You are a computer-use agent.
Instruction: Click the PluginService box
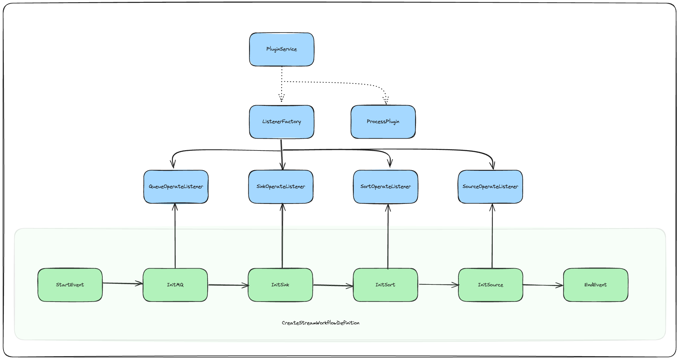(281, 49)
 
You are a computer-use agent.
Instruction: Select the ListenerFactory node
(281, 122)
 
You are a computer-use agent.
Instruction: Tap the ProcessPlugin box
(383, 122)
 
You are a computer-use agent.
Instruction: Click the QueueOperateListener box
(176, 187)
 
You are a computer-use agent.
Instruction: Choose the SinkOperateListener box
(281, 187)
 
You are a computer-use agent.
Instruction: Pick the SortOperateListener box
(385, 187)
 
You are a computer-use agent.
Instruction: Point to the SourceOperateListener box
(490, 187)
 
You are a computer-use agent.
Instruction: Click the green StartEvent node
(70, 285)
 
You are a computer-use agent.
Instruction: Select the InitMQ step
(175, 285)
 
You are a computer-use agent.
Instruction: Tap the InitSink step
(280, 285)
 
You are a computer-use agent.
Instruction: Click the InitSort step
(385, 285)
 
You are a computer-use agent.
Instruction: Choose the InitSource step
(490, 285)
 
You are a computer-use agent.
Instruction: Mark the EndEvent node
(595, 285)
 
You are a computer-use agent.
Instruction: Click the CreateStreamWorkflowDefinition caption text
(320, 323)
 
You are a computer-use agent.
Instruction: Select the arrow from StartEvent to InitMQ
(122, 284)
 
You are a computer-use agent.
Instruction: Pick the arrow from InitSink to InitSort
(333, 285)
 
